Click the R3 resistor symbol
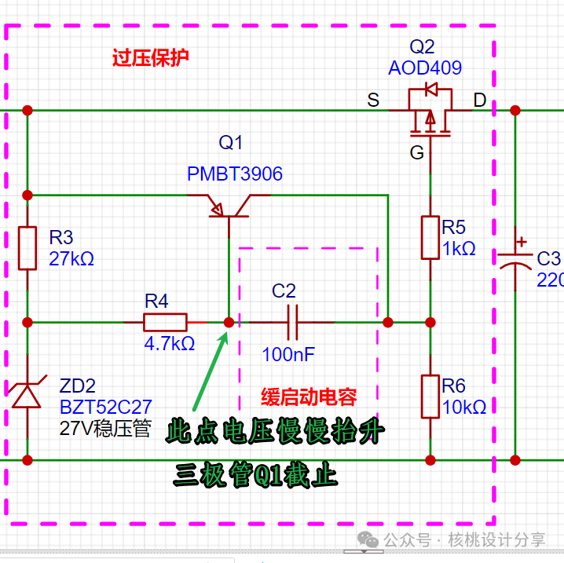pos(27,247)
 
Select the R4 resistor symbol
pos(165,322)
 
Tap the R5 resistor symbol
pos(430,237)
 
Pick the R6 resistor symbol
pos(430,397)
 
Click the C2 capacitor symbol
pos(292,322)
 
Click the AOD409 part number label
pos(425,68)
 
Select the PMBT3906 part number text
pos(234,174)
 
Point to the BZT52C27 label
pos(105,407)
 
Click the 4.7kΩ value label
pos(169,343)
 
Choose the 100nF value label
pos(288,354)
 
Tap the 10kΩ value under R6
pos(463,408)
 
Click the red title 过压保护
pos(150,59)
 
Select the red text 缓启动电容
pos(309,397)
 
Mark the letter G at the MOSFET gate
pos(416,152)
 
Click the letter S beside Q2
pos(373,100)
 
